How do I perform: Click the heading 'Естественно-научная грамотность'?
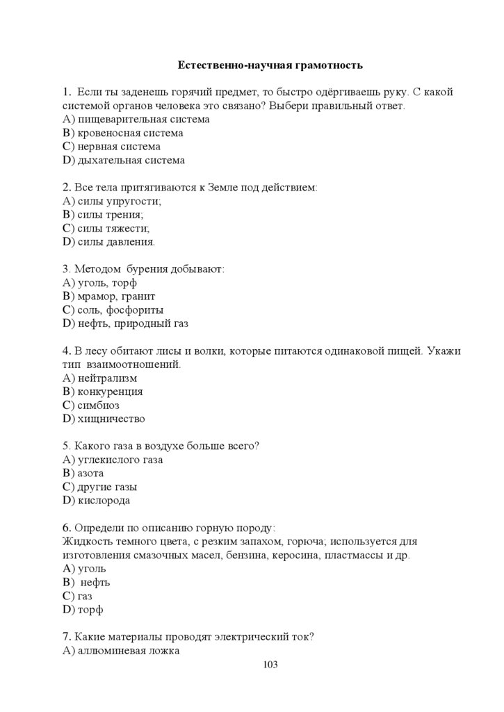270,66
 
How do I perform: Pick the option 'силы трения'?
111,215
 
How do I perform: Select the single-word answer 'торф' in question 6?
90,609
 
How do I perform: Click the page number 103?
270,665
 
